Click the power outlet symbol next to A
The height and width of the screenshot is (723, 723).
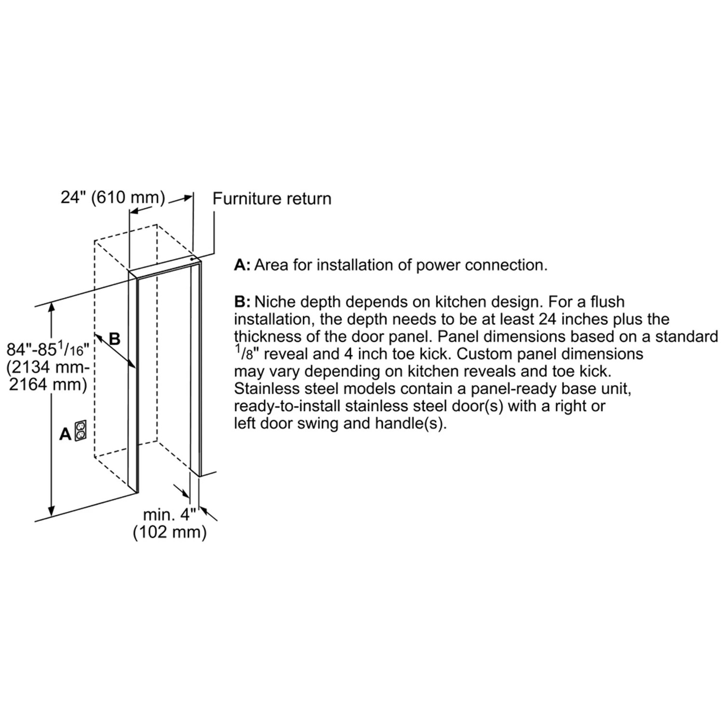coord(80,430)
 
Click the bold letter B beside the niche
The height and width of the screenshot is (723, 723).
coord(115,339)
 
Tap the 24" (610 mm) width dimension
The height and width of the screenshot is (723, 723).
coord(113,198)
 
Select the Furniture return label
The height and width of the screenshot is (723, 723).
coord(272,199)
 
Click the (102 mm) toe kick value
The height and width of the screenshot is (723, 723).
coord(170,532)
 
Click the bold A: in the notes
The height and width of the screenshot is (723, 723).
coord(242,265)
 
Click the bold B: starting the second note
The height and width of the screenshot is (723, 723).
coord(242,302)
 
